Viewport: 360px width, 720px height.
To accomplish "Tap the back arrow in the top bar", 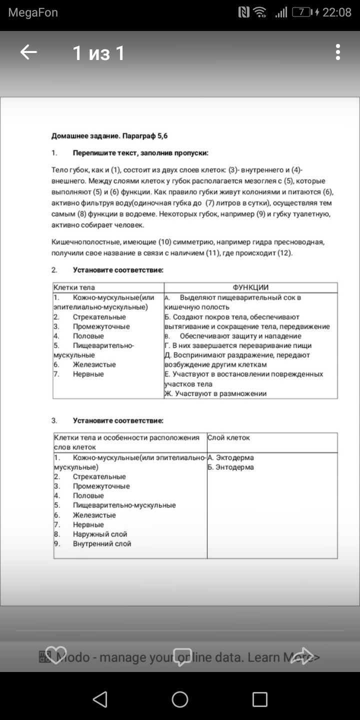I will point(28,52).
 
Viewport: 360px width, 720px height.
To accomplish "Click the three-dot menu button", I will point(338,52).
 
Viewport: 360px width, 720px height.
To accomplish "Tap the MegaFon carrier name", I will point(33,12).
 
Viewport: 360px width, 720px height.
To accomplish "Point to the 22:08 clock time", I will point(336,12).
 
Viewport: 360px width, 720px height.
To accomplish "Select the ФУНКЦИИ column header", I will point(250,287).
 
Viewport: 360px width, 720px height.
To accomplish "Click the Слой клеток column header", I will point(228,438).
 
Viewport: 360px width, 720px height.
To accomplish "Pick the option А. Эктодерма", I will point(230,457).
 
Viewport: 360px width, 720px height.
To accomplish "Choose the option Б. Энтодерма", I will point(230,467).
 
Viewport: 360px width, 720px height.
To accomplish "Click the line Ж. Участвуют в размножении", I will point(215,393).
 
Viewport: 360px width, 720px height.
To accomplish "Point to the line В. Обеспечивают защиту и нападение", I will point(233,336).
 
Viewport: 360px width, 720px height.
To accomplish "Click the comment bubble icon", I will point(182,656).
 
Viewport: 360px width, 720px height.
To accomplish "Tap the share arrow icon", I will point(302,656).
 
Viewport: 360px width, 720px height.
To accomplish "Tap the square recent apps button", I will point(259,699).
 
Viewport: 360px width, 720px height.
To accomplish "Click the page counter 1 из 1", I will point(98,53).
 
